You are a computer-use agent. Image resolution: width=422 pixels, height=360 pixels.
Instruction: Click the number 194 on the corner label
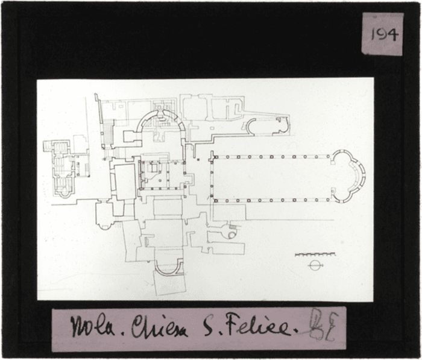[384, 34]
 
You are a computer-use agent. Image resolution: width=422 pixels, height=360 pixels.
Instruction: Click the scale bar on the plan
[315, 254]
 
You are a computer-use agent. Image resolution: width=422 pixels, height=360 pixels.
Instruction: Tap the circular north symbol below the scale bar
[313, 265]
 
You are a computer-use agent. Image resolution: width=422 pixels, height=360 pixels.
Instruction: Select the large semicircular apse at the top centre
[158, 123]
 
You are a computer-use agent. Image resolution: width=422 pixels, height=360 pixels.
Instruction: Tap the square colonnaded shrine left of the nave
[160, 175]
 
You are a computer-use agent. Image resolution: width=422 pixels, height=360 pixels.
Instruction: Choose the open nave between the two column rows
[271, 178]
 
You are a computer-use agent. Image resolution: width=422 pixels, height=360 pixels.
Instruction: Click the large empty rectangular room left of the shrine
[125, 182]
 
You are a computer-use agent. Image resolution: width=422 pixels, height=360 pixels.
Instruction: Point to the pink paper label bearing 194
[383, 34]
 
